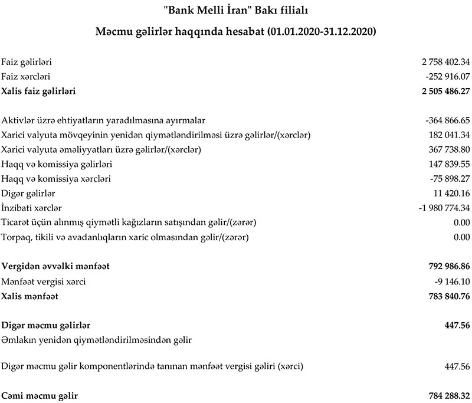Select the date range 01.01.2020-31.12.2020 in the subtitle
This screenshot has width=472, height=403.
[x=322, y=31]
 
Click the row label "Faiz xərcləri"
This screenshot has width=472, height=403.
[x=25, y=76]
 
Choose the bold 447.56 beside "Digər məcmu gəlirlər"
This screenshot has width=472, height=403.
[x=457, y=325]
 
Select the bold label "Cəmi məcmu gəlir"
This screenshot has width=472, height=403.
[x=40, y=395]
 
